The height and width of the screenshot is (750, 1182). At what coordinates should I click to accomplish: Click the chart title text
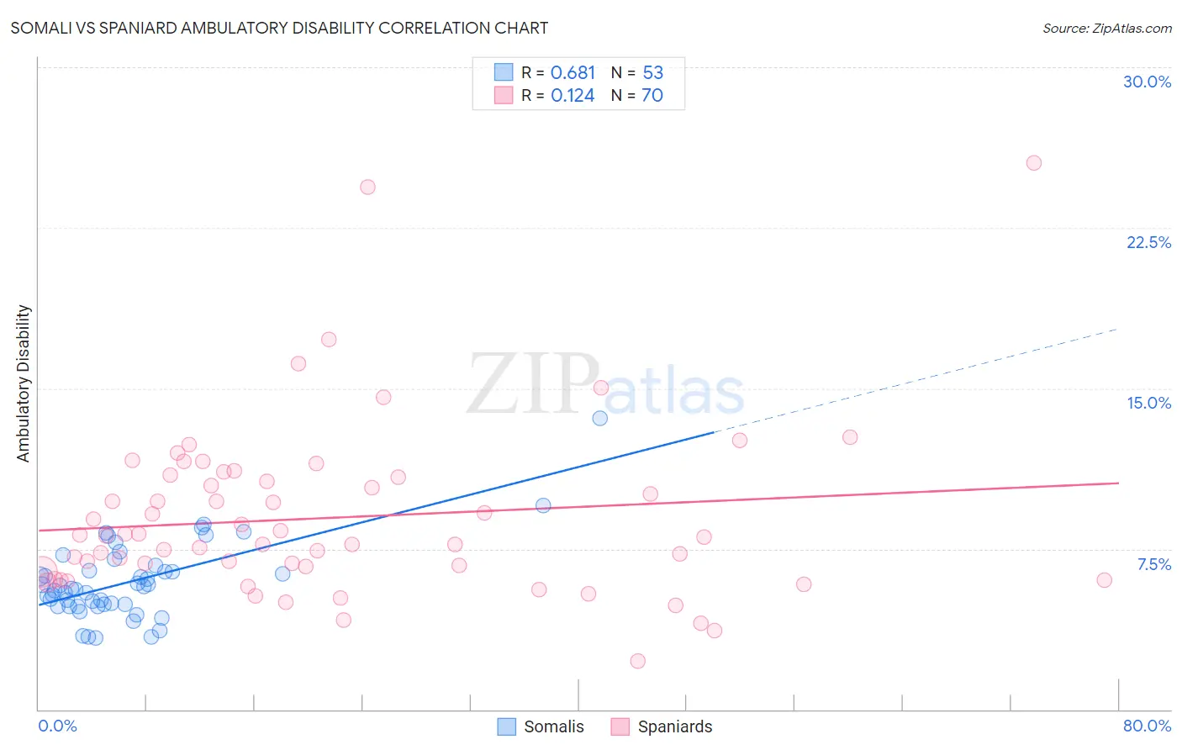279,28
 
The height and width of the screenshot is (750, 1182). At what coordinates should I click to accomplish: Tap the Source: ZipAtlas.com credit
1106,28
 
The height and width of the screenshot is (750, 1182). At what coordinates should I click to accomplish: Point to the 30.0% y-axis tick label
1147,82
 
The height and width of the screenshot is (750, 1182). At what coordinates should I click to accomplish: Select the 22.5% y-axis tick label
1148,242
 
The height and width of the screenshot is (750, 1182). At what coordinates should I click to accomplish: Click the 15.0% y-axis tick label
1148,403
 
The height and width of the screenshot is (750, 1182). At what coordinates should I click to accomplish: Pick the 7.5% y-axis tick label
1153,564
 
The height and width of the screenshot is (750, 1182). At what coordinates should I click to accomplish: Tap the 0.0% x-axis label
57,726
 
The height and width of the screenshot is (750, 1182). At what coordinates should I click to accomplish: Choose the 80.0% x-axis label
1147,726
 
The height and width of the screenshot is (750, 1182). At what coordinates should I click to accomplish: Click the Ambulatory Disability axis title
24,383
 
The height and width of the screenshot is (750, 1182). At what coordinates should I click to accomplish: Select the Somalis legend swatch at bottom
506,726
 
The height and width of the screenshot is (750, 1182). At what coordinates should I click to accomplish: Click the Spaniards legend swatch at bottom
620,726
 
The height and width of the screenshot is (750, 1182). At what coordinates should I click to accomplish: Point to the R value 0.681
573,72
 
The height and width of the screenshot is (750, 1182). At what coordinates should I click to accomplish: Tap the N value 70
652,95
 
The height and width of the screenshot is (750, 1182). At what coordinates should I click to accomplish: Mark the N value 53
652,72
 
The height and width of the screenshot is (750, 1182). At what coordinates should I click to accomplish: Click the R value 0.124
573,95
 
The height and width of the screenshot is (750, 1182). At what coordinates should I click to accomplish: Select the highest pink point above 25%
1034,163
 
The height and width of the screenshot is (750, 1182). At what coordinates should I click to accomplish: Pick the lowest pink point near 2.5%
637,661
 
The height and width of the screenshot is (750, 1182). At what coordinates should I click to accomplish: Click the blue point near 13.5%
599,418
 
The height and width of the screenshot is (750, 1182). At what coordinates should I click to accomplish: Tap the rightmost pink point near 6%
1105,580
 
